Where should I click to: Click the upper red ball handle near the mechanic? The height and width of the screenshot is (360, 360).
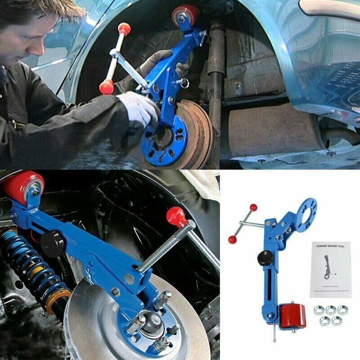coord(122,28)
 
